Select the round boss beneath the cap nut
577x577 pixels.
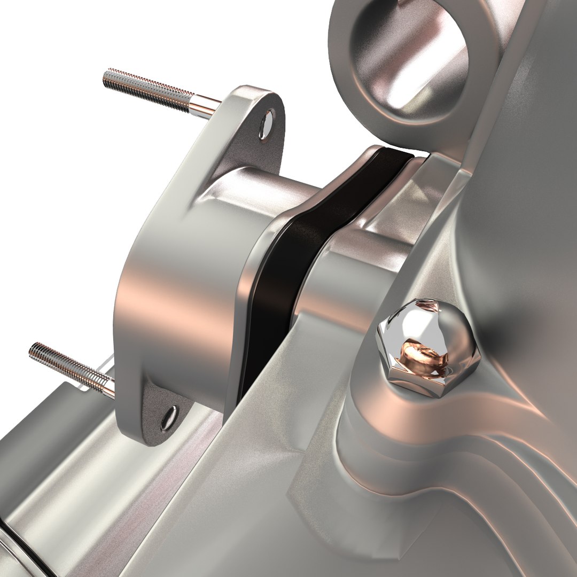tap(374, 422)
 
